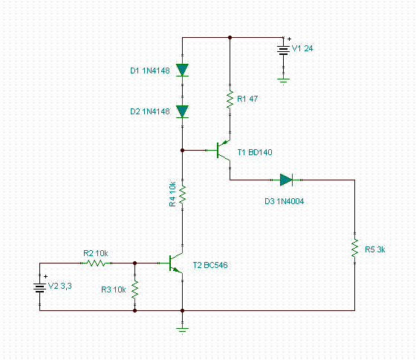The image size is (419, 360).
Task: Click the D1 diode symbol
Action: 182,71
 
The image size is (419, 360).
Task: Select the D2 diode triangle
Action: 182,111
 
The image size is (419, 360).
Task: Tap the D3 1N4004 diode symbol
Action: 286,180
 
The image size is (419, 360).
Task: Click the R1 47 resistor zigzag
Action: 230,100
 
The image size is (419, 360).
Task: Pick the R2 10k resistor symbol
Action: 96,264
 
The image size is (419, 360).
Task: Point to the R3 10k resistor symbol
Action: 135,289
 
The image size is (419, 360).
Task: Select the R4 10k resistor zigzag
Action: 182,195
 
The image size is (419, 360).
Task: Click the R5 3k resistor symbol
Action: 354,249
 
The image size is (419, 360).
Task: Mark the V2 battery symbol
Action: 40,288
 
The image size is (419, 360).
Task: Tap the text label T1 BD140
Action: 255,152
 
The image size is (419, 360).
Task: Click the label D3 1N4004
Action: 284,201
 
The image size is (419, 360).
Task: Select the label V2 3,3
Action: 60,286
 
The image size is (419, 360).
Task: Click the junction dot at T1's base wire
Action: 182,151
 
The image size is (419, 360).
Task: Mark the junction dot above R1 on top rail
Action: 230,38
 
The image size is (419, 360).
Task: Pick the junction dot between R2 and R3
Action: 135,264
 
